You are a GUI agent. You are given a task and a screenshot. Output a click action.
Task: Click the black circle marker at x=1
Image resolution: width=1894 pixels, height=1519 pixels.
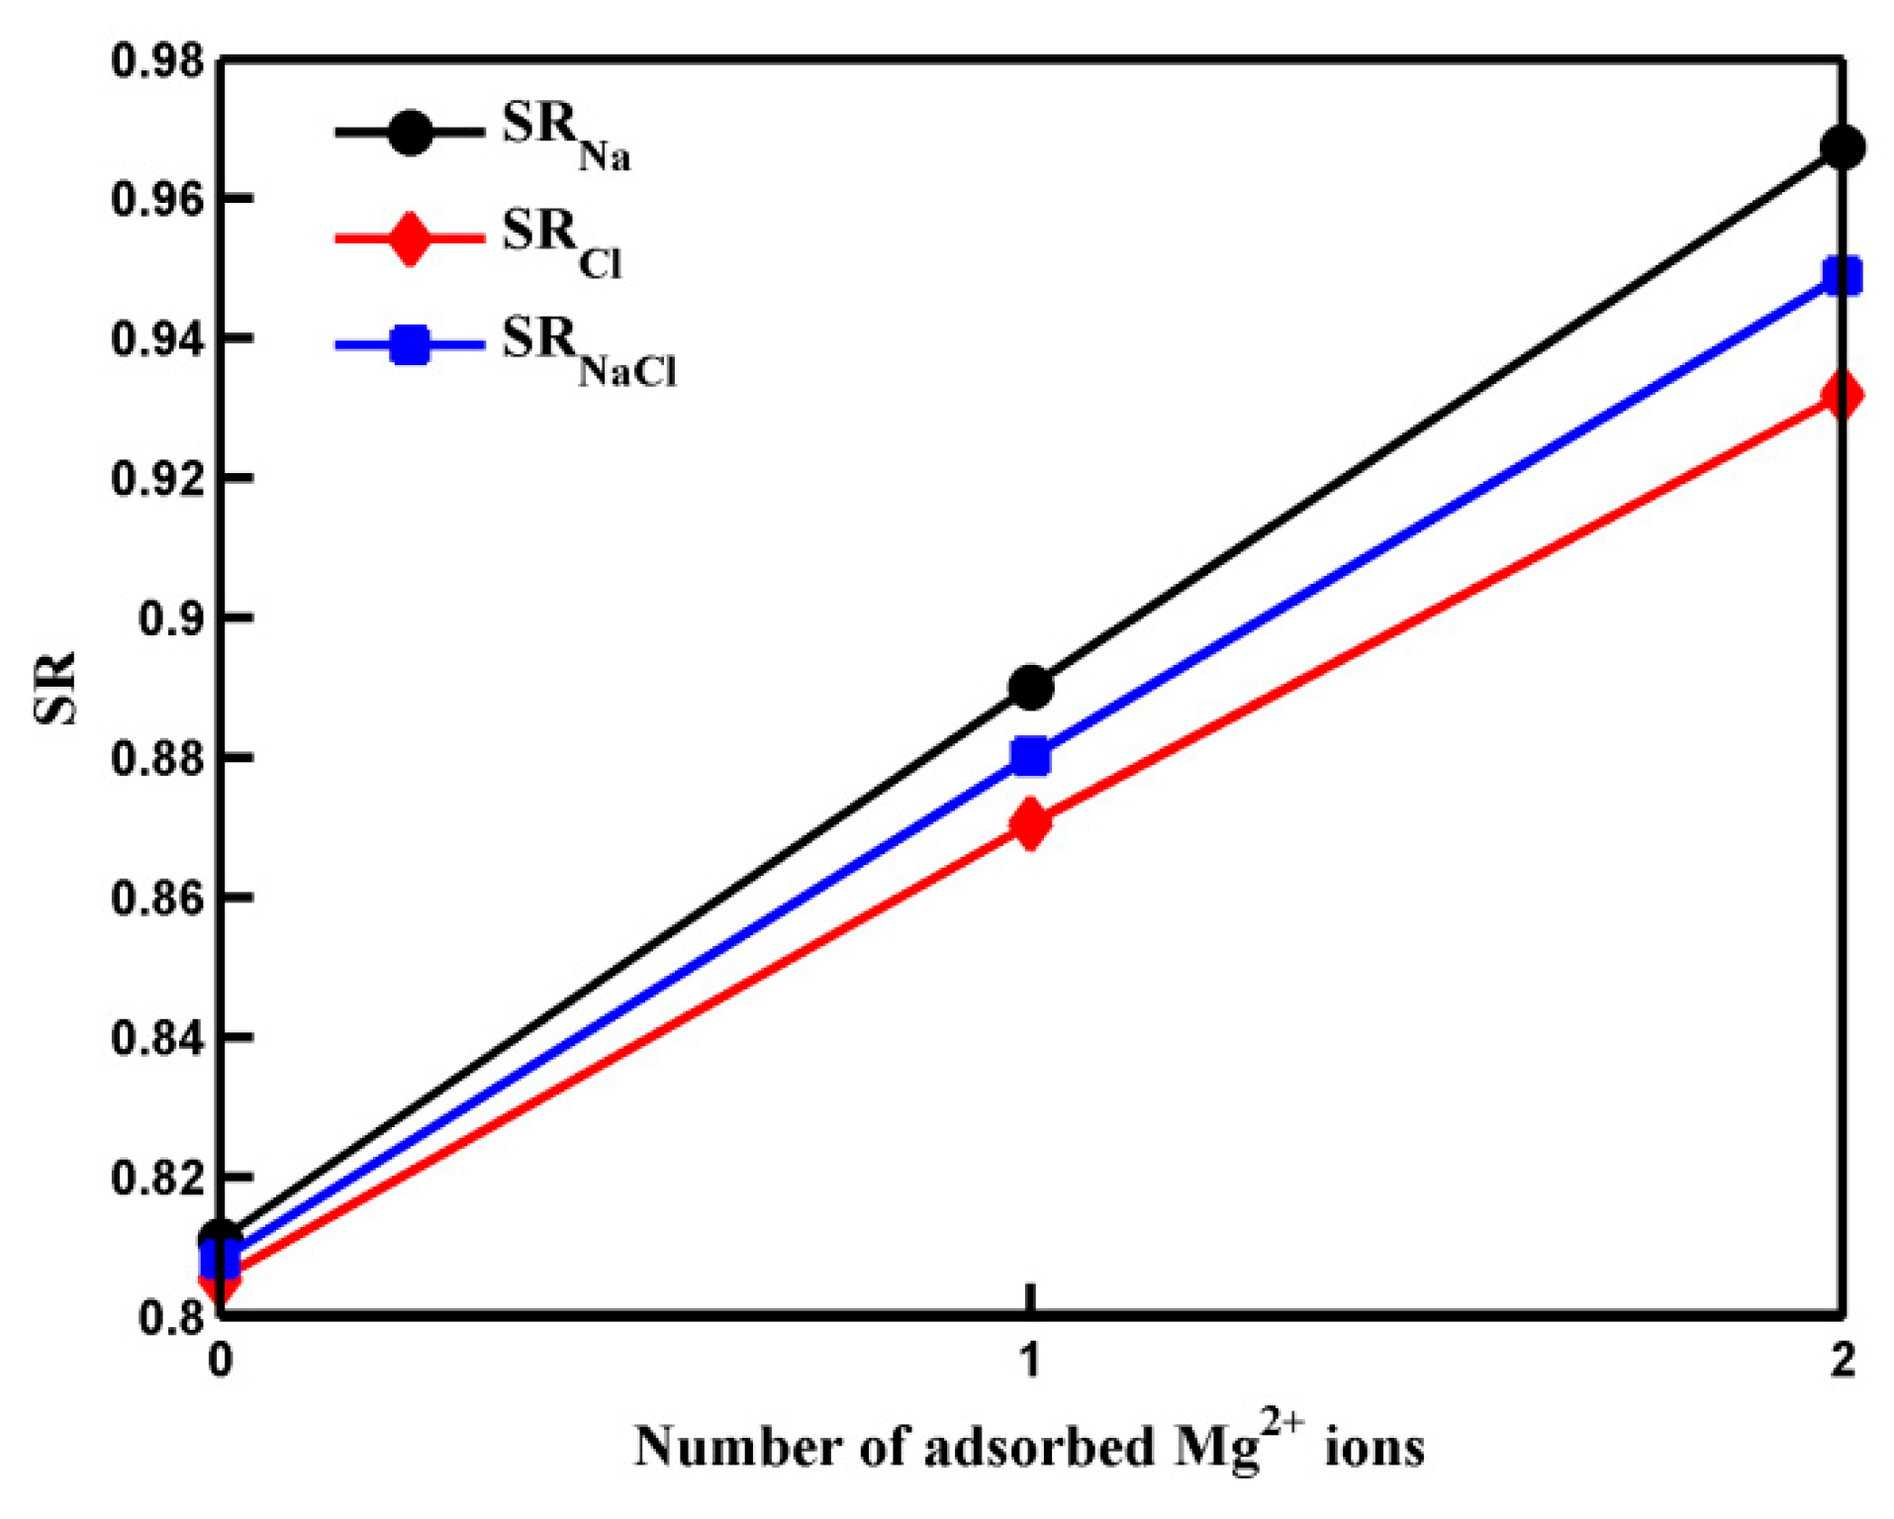pos(1030,687)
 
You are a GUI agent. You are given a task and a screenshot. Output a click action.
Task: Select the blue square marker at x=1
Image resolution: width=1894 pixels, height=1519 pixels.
pos(1030,756)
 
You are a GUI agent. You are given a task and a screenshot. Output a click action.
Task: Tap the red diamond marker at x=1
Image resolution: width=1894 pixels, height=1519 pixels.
pos(1030,824)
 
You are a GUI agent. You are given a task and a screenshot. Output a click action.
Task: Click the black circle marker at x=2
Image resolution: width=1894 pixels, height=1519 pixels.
pos(1842,147)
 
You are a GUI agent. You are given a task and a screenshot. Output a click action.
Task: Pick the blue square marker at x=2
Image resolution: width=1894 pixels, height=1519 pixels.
pos(1842,276)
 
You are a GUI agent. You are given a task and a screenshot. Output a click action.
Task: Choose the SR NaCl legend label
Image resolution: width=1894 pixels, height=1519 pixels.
pos(588,349)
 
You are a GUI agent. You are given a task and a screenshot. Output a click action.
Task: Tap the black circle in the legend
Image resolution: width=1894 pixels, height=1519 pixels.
pos(409,132)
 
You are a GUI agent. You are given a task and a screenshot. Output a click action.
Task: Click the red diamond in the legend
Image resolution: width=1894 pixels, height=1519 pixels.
pos(409,238)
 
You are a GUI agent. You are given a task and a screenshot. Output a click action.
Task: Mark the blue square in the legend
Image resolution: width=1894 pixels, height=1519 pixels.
pos(409,345)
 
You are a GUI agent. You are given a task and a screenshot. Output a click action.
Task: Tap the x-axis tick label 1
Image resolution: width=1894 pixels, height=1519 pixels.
pos(1030,1361)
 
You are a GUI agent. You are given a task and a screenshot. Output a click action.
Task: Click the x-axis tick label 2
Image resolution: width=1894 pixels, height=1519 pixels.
pos(1842,1361)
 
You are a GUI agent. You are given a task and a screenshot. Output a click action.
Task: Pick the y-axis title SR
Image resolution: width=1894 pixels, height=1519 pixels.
pos(55,688)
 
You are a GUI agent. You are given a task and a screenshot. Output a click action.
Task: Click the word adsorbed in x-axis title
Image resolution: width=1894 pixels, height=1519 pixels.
pos(1039,1447)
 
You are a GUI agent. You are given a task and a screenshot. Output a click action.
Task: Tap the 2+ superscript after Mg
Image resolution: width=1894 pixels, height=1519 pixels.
pos(1281,1425)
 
